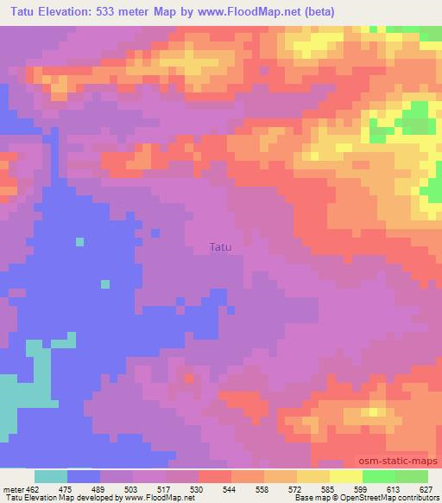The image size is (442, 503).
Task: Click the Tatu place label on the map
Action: tap(221, 246)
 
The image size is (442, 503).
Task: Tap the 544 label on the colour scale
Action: tap(230, 489)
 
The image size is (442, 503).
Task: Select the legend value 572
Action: tap(295, 489)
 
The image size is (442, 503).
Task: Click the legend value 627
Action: tap(426, 489)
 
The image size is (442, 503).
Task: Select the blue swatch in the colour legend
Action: tap(83, 476)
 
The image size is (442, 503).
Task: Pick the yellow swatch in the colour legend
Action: tap(345, 476)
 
